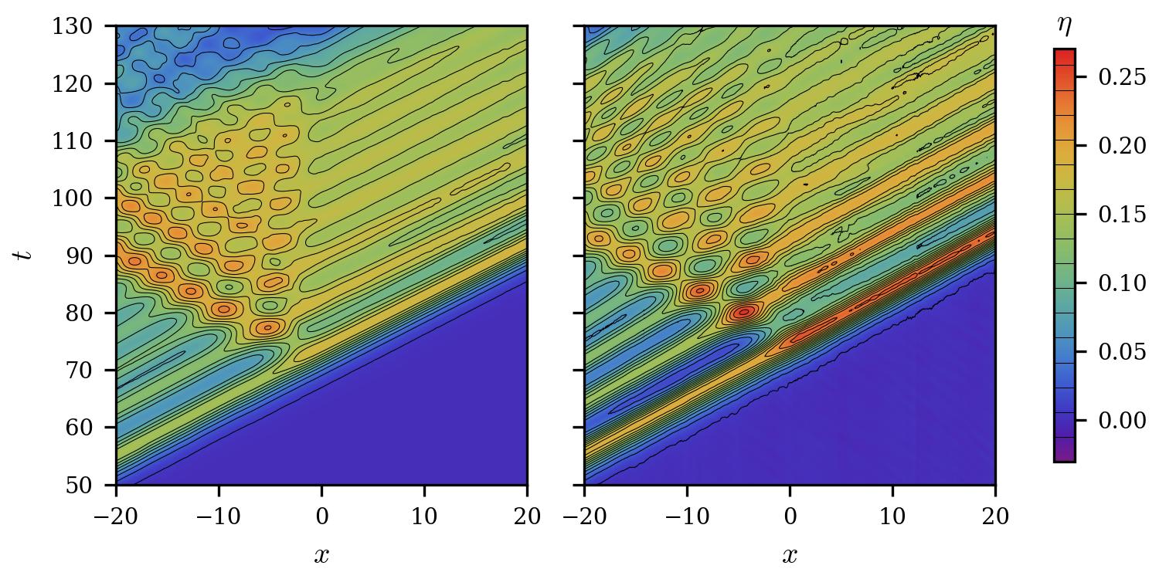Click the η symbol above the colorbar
(1065, 26)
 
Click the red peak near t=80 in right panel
(744, 312)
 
